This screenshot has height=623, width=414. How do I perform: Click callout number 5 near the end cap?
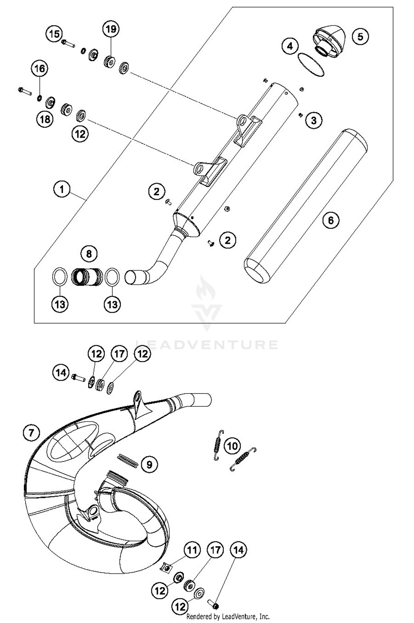coord(360,36)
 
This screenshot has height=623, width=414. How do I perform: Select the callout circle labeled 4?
coord(290,46)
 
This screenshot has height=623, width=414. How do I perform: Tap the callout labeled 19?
coord(111,29)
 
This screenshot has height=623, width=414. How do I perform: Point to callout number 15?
coord(54,34)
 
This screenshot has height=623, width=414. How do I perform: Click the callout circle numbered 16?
coord(39,68)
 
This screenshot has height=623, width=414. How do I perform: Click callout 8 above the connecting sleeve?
coord(89,253)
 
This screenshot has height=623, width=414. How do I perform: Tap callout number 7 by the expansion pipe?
coord(31,432)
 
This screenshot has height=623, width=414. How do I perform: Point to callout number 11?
coord(192,550)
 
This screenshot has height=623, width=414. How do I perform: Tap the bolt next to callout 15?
coord(68,43)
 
